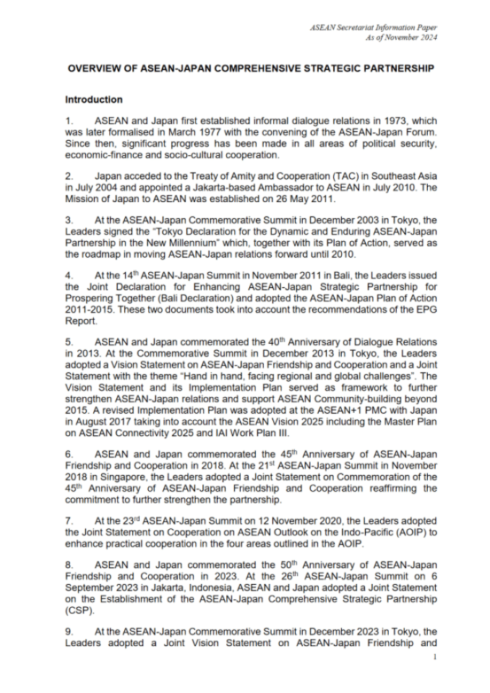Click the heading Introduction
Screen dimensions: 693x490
tap(94, 100)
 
